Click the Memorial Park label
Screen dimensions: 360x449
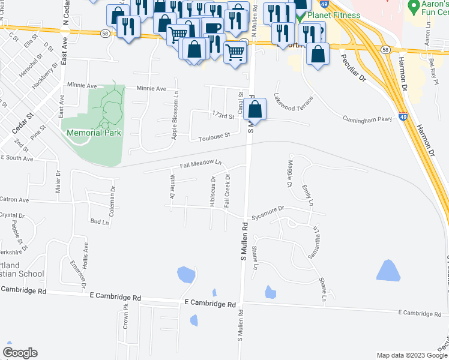coord(94,133)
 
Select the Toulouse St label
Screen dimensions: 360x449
coord(215,137)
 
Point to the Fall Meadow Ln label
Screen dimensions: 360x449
coord(201,164)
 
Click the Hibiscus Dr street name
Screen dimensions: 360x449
coord(212,191)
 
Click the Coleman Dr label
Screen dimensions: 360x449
coord(112,196)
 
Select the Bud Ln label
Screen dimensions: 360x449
coord(99,221)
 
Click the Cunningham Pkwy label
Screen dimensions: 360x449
coord(367,119)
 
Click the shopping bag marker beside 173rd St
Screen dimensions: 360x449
coord(255,110)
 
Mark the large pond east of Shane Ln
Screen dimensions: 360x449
coord(388,271)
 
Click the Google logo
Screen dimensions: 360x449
coord(20,353)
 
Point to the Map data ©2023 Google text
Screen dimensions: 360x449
coord(412,355)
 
